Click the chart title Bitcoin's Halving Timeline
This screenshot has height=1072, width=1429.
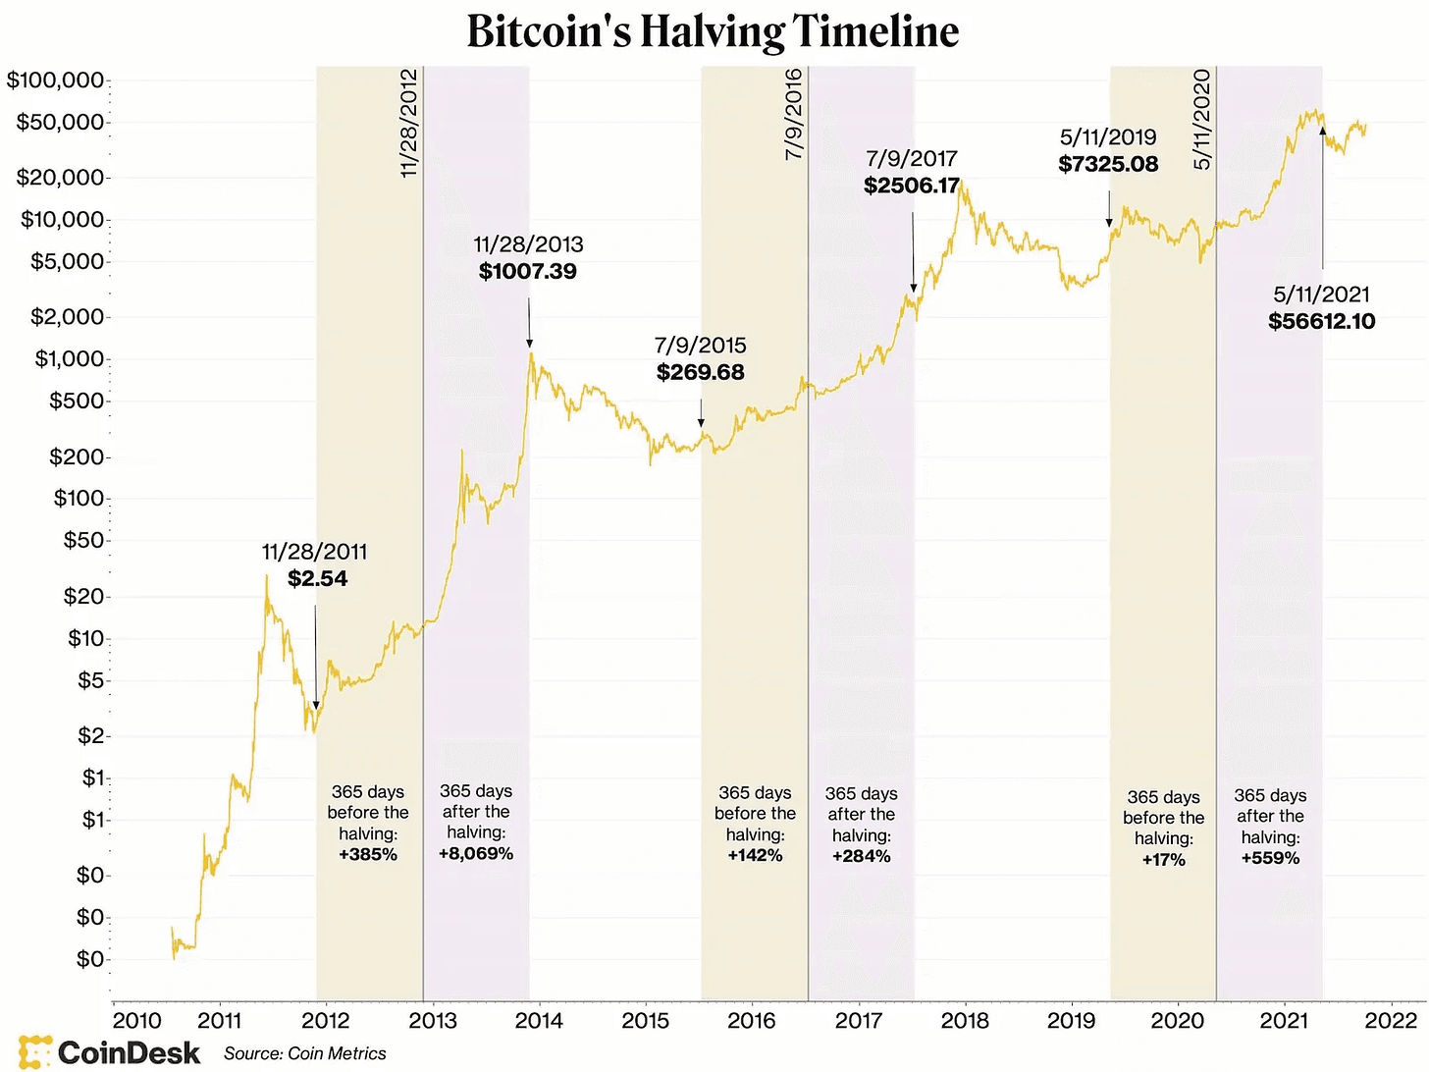pos(713,31)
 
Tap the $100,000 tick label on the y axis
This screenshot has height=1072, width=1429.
pos(55,80)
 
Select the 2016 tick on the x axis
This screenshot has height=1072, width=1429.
pos(752,1021)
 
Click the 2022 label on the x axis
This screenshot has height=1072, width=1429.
pos(1391,1021)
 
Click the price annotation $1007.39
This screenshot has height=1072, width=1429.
pos(528,272)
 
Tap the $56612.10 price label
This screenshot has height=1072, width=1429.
pos(1321,322)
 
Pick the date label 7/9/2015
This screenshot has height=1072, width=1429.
pos(700,346)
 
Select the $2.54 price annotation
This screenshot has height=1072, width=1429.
pos(317,579)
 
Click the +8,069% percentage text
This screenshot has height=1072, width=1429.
pos(476,854)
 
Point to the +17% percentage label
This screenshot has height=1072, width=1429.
pos(1164,860)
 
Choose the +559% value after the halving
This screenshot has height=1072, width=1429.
pos(1270,859)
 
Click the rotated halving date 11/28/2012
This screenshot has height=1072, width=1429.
pos(410,123)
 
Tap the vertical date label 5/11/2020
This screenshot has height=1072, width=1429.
pos(1202,120)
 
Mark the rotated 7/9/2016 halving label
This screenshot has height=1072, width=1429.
pos(794,114)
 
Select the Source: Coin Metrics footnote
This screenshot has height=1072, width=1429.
pos(304,1054)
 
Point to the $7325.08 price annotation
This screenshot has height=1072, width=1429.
pos(1108,165)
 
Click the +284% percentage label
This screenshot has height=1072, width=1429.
pos(861,857)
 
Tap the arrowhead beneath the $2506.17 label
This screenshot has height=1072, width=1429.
pos(913,289)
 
